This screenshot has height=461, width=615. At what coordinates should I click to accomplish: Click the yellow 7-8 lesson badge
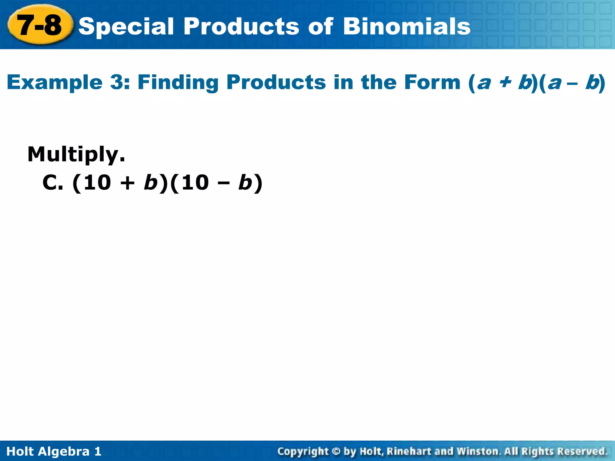40,25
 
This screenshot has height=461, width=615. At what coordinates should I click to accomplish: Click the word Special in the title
126,26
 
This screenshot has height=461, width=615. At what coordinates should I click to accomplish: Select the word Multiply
76,154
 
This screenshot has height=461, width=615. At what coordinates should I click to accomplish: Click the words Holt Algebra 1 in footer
54,451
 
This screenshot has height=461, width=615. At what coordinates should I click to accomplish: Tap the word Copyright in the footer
303,451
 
